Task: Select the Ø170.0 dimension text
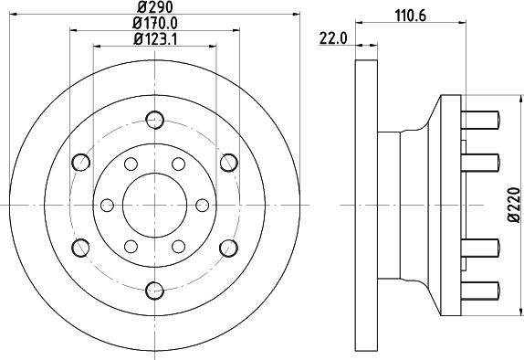point(154,22)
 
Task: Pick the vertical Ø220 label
point(514,206)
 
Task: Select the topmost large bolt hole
point(153,119)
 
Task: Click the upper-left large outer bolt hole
point(80,163)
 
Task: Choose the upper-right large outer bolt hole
point(227,163)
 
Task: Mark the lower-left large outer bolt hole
point(80,247)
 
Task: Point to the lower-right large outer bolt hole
point(227,247)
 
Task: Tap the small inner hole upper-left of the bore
point(130,164)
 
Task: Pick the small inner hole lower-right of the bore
point(177,246)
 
